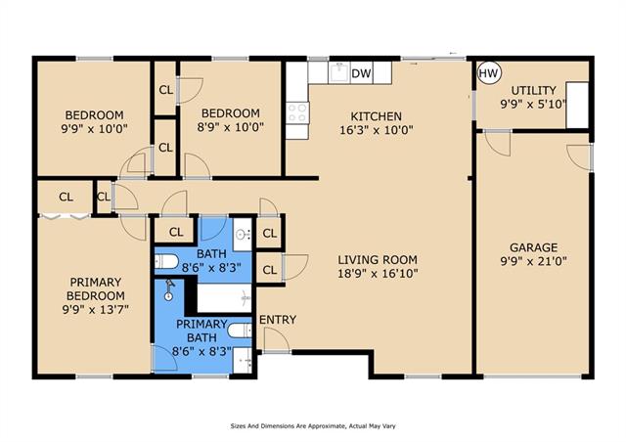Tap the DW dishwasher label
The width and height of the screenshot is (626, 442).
coord(361,73)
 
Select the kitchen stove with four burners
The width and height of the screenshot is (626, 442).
coord(297,112)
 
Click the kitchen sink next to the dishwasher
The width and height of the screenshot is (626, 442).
coord(339,72)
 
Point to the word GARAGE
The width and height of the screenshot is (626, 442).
coord(533,247)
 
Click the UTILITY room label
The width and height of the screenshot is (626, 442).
coord(533,90)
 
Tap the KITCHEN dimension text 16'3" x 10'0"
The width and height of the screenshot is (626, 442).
coord(376,130)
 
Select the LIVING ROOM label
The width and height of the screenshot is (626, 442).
coord(378,259)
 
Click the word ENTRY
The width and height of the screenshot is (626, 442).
coord(278,320)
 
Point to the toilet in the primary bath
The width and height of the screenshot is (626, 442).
coord(240,331)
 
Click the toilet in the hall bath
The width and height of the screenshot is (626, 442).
coord(166,262)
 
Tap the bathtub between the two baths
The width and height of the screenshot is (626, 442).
coord(224,298)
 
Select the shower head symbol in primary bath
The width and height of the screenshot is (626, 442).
coord(169,289)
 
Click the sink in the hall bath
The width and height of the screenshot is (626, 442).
coord(243,235)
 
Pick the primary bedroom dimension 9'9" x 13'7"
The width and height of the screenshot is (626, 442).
coord(96,309)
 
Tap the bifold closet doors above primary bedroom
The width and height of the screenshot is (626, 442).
coord(66,216)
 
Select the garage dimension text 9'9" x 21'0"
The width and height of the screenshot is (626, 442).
coord(533,261)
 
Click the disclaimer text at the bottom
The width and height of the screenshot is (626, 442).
coord(313,426)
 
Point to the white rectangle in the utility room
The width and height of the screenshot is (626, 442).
coord(577,106)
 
